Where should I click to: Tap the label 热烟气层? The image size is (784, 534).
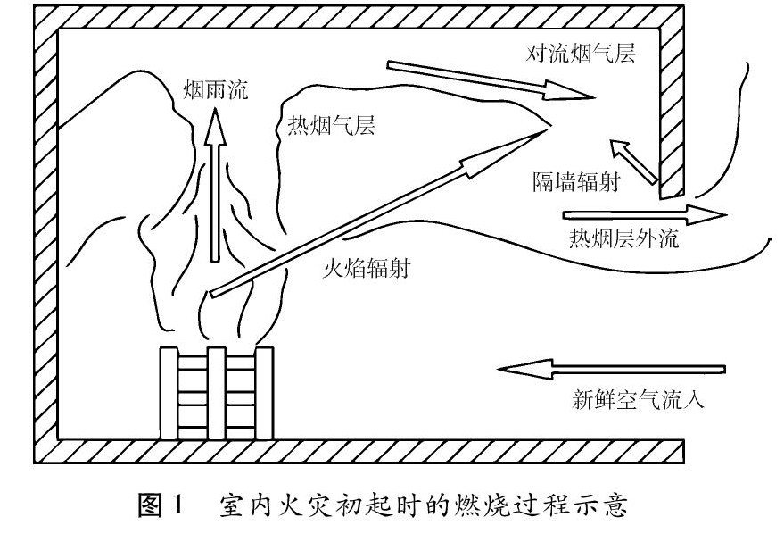click(x=326, y=123)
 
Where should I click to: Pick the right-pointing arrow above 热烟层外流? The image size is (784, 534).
click(x=643, y=214)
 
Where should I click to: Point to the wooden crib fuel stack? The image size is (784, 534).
click(x=215, y=394)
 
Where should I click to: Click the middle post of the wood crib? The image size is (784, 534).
click(x=215, y=394)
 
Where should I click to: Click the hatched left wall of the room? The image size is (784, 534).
click(x=45, y=232)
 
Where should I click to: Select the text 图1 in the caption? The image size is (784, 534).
click(x=160, y=509)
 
